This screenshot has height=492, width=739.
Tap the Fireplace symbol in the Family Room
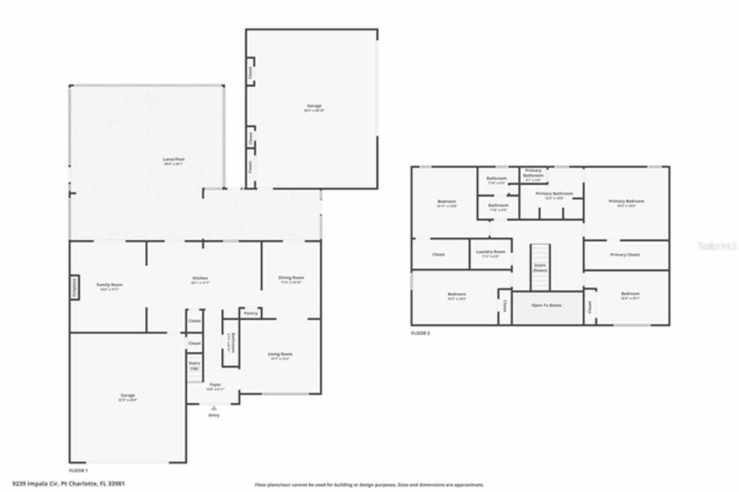click(74, 288)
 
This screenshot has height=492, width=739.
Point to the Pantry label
click(251, 313)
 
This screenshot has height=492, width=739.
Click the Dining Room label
click(291, 278)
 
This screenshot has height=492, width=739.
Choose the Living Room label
click(279, 354)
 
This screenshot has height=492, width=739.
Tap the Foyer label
click(215, 385)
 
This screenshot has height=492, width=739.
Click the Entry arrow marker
click(214, 408)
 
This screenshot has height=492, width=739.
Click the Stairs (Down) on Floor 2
click(540, 267)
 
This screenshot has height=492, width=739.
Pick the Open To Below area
click(546, 305)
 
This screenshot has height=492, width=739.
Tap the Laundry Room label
click(490, 252)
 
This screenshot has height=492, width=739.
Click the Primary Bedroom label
click(626, 201)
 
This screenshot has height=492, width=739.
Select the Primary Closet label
click(625, 255)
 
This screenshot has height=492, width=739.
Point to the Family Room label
click(109, 285)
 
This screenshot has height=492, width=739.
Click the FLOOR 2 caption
click(420, 333)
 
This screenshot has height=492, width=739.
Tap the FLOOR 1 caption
click(79, 471)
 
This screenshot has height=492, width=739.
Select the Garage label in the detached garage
click(314, 106)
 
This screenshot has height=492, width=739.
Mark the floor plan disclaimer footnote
click(369, 485)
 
